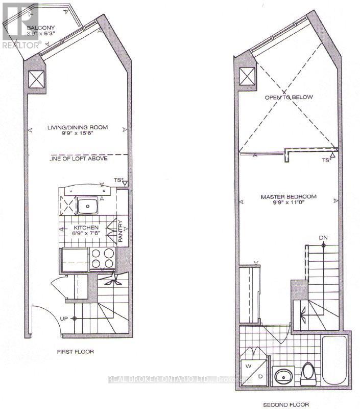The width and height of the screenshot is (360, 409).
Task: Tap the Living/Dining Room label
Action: tap(78, 127)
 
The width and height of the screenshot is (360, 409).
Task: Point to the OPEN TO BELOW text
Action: tap(288, 97)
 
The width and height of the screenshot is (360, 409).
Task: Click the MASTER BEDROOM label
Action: tap(289, 197)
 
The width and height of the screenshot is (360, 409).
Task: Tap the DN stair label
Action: tap(323, 238)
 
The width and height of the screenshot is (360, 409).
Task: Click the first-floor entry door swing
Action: tap(43, 320)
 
